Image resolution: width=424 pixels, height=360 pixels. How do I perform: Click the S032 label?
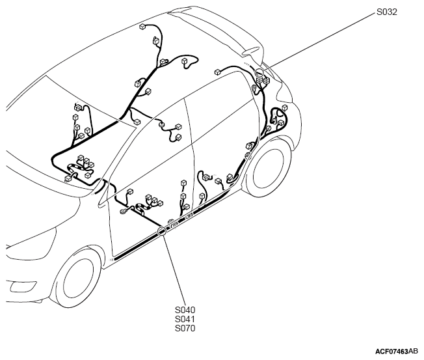387,12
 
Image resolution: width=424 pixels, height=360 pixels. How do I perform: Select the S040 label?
185,310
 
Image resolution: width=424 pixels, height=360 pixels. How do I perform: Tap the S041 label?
185,319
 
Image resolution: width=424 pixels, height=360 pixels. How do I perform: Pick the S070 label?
185,328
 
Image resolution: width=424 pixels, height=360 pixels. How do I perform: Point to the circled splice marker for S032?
259,72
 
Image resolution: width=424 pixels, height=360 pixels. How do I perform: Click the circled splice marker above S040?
162,231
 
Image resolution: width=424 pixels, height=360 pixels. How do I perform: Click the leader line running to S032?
319,42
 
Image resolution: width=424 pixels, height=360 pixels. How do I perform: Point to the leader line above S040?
174,270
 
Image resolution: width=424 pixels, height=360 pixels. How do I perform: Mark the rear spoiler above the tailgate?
217,30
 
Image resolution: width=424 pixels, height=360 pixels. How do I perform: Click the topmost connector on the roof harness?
142,27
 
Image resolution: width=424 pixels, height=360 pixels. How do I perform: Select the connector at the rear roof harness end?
217,72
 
